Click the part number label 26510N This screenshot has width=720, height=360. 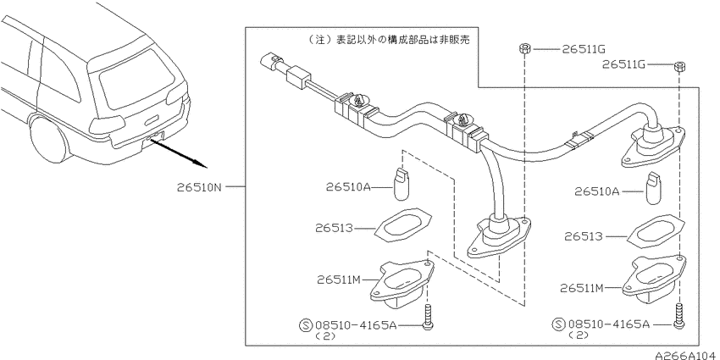pos(199,187)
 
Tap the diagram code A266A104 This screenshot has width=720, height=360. pos(686,355)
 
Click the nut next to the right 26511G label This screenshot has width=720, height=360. pos(679,67)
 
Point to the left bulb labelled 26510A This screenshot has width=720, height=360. pos(402,184)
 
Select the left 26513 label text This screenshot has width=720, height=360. pos(334,228)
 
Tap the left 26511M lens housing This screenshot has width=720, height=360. pos(402,285)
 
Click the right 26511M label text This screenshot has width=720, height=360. pos(583,288)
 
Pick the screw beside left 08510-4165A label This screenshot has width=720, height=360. pos(428,318)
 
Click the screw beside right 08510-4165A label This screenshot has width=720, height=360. pos(678,318)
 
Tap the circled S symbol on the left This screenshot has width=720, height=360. pos(307,325)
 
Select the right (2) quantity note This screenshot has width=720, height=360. pos(580,335)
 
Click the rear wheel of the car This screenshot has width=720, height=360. pos(47,138)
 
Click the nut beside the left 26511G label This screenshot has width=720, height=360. pos(525,48)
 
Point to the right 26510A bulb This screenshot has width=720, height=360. pos(653,189)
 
